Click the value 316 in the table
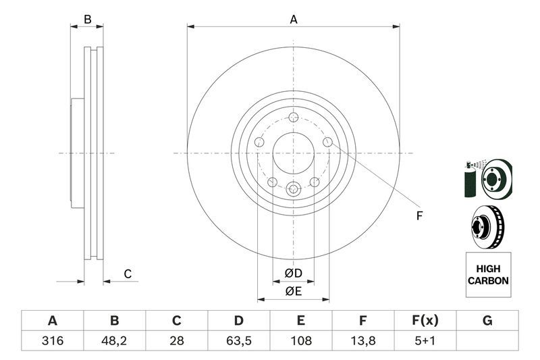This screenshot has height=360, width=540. tap(52, 341)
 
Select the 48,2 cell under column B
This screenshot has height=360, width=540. tap(115, 341)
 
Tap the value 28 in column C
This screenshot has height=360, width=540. tap(177, 341)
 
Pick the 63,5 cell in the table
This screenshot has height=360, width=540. tap(239, 341)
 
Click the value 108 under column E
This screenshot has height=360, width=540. tap(301, 341)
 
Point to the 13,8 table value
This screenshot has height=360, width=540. tap(363, 341)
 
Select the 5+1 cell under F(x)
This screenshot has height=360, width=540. tap(425, 341)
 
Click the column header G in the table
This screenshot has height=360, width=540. tap(487, 321)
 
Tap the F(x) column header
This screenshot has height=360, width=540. tap(425, 321)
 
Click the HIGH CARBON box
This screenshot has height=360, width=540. tap(488, 275)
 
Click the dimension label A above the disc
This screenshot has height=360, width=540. tap(294, 20)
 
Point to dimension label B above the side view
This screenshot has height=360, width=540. tap(87, 20)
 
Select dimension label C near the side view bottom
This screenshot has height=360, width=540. tap(127, 274)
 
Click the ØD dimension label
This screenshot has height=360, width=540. tap(292, 274)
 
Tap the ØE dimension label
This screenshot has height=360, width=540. tap(292, 291)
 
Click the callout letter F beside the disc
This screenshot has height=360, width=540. tap(418, 216)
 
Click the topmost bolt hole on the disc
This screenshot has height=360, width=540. tap(293, 117)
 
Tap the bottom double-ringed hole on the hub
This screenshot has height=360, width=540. tap(293, 189)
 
